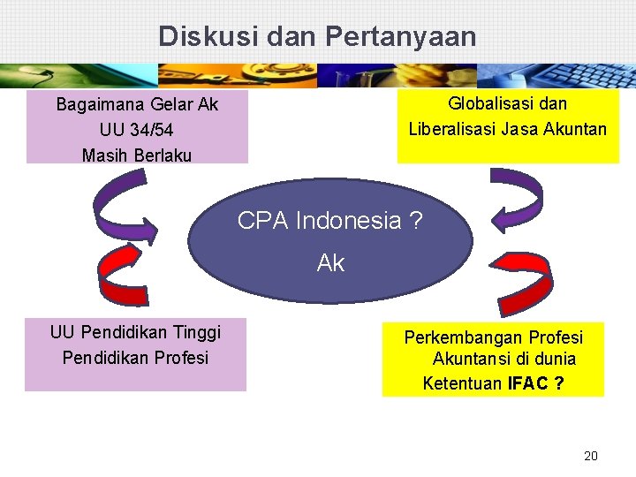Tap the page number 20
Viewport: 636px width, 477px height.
(591, 456)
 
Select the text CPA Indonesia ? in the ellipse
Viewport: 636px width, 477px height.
(329, 220)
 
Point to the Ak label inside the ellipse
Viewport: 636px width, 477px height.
(330, 262)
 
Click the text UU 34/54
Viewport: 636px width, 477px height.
(137, 130)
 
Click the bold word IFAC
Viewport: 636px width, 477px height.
(527, 383)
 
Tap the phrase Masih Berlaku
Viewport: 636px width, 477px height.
(137, 155)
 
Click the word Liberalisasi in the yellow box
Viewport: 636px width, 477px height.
(450, 130)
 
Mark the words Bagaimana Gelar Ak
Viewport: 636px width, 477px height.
(137, 105)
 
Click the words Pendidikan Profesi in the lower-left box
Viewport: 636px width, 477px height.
(135, 358)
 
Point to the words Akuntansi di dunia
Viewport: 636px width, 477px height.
(503, 360)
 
